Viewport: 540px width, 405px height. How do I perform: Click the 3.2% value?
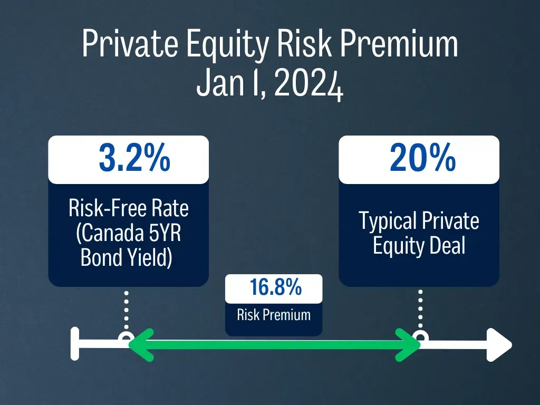(x=134, y=158)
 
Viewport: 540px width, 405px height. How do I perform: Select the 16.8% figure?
(x=275, y=287)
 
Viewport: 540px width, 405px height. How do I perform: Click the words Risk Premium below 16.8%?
(x=274, y=315)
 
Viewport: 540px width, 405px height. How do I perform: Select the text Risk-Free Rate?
(x=129, y=208)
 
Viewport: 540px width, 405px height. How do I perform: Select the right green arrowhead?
(x=408, y=345)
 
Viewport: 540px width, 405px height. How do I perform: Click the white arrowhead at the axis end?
(x=499, y=345)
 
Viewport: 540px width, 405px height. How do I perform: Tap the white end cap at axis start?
(x=75, y=344)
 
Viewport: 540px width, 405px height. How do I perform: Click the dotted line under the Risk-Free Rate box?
(x=127, y=310)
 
